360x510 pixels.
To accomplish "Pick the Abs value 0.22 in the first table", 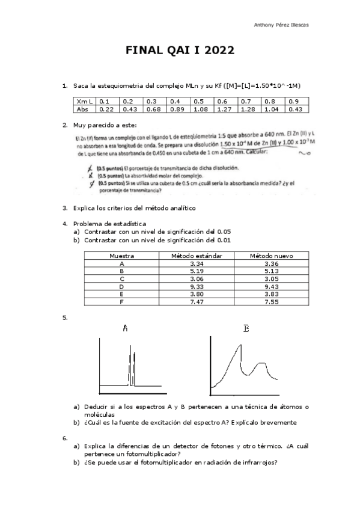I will tap(107, 109).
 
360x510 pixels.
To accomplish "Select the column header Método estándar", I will tap(197, 256).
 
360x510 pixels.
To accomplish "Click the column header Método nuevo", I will tap(271, 256).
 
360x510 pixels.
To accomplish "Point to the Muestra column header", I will tap(121, 256).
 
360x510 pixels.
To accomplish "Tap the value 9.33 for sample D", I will tap(197, 286).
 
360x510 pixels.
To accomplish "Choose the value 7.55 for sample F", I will tap(271, 302).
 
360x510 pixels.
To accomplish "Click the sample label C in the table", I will tap(121, 278).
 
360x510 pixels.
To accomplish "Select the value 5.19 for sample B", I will tap(197, 271).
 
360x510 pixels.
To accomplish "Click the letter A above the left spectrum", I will tap(125, 328).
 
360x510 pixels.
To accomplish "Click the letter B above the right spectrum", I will tap(246, 328).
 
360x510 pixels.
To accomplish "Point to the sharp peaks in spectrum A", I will tap(130, 367).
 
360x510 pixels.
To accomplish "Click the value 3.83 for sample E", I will tap(271, 294).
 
